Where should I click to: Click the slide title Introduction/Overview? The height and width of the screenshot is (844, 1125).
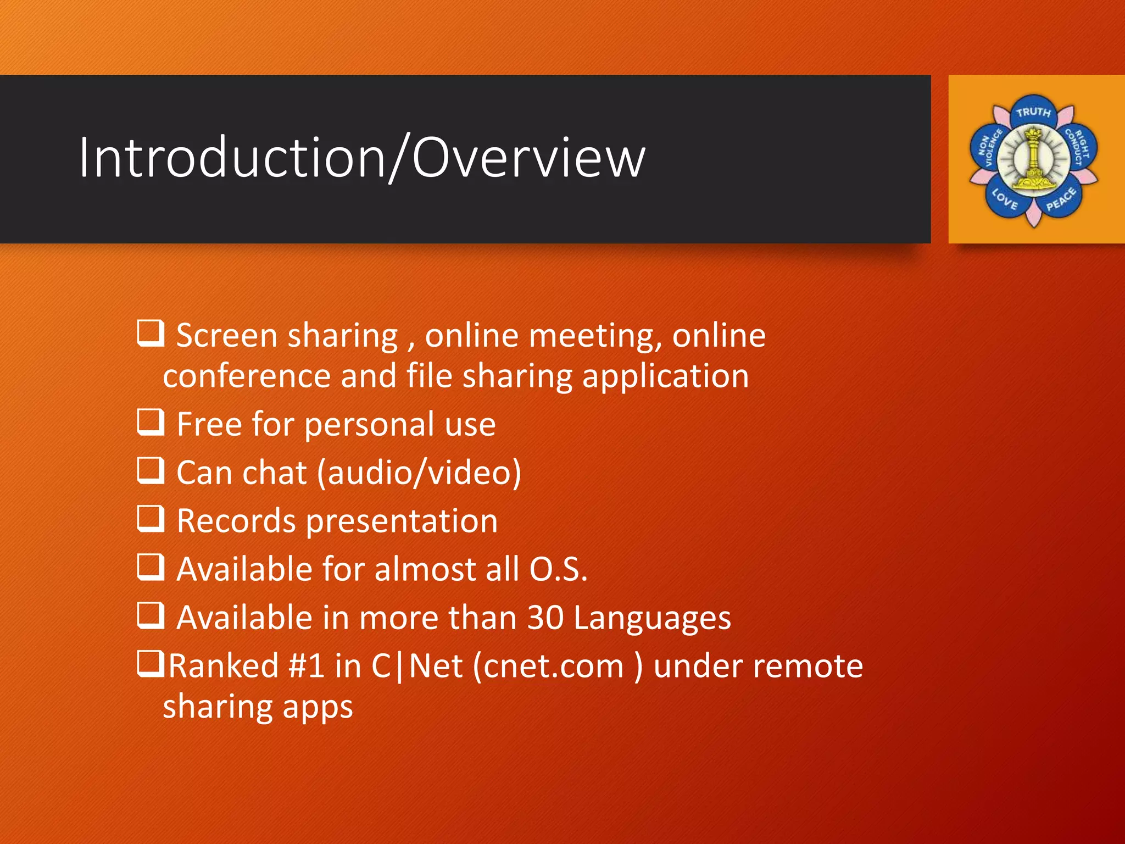(x=362, y=158)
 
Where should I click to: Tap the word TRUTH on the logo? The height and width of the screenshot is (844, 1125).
(x=1033, y=112)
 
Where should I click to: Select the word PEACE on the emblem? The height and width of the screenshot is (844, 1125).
(x=1061, y=199)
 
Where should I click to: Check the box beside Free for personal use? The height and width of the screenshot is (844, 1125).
(x=151, y=422)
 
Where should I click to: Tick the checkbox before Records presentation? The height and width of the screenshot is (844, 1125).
(x=151, y=519)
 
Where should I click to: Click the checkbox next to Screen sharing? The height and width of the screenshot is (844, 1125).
(x=151, y=334)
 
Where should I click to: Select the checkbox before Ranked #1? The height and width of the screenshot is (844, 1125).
(x=151, y=663)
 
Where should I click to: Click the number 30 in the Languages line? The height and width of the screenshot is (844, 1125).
(x=545, y=618)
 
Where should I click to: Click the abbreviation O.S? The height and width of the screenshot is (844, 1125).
(x=558, y=569)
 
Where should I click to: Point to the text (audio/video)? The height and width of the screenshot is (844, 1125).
(x=419, y=473)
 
